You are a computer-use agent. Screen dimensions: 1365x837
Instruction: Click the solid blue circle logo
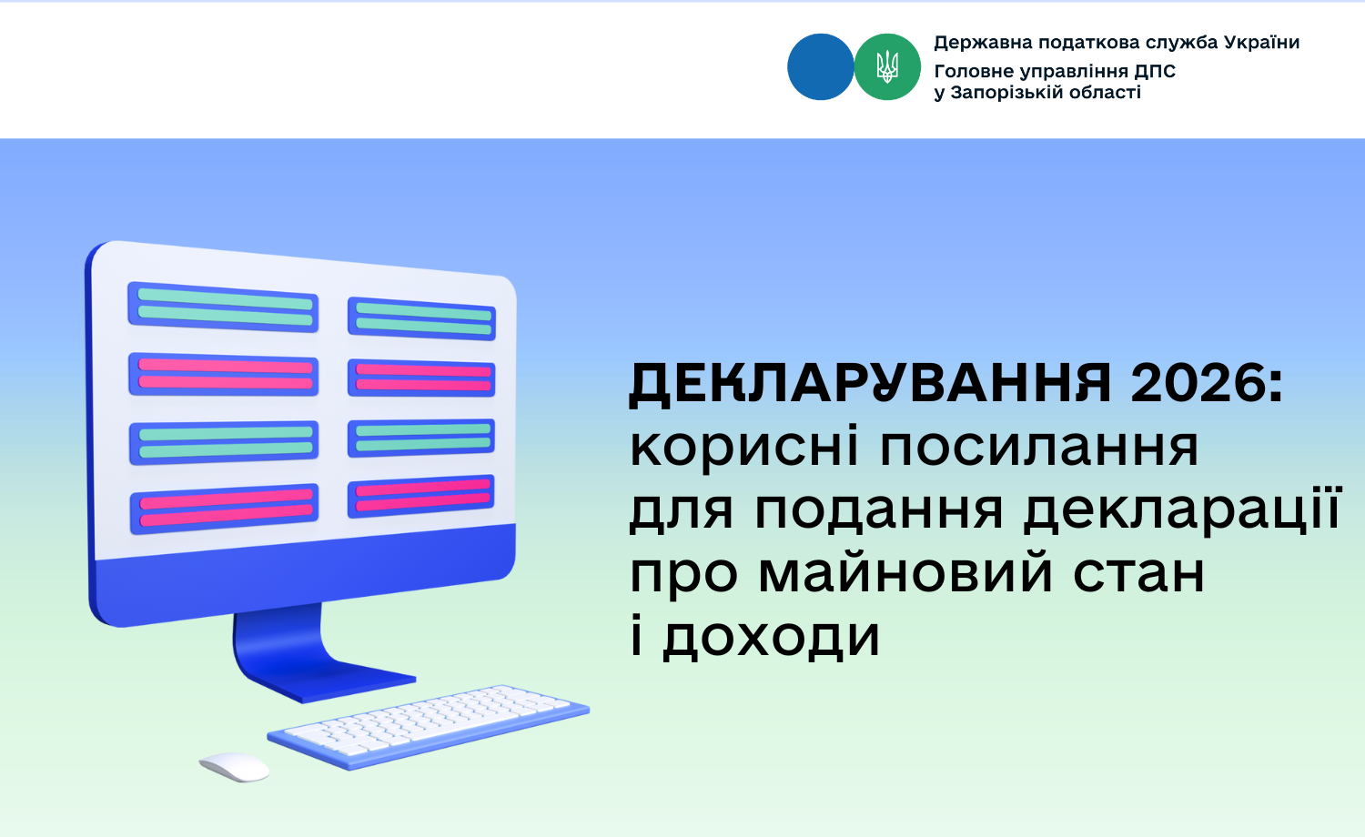pos(820,67)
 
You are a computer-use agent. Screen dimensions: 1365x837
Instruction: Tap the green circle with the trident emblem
pos(887,67)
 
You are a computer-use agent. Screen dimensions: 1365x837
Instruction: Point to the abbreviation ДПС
pos(1155,72)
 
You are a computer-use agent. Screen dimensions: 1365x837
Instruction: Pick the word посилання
pos(1039,448)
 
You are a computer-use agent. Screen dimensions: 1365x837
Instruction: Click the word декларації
pos(1182,509)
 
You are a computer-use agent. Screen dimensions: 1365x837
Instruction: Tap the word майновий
pos(905,572)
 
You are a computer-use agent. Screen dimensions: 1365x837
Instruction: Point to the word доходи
pos(771,637)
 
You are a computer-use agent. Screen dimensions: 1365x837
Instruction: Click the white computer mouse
pos(234,766)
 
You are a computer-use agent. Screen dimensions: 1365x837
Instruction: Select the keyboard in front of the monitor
pos(428,726)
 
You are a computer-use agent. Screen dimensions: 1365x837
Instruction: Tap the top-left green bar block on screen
pos(223,307)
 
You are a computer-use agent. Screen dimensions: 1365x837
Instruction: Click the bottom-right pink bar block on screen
pos(421,496)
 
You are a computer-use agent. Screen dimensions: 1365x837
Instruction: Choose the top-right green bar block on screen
pos(421,318)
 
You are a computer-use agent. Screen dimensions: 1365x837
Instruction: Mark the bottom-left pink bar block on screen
pos(224,509)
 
